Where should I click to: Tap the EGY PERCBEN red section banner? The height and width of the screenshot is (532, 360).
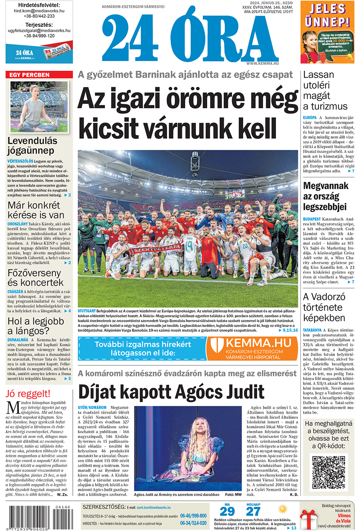(x=39, y=75)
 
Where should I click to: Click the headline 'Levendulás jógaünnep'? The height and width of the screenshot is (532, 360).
(x=32, y=145)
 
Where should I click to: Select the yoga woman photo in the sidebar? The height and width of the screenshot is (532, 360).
(x=39, y=107)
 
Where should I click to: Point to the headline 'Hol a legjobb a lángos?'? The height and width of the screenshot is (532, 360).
(x=36, y=326)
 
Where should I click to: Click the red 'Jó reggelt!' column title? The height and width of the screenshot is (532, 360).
(x=28, y=394)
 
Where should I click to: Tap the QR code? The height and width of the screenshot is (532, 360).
(x=328, y=472)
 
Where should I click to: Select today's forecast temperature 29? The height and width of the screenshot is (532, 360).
(x=227, y=512)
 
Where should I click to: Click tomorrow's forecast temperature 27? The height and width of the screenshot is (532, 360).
(x=253, y=512)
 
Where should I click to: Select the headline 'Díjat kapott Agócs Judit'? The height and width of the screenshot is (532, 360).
(x=171, y=392)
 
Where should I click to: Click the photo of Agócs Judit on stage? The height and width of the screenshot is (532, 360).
(x=188, y=448)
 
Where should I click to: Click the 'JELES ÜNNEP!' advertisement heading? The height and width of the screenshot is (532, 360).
(x=327, y=15)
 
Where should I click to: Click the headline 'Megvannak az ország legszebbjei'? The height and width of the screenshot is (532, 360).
(x=325, y=196)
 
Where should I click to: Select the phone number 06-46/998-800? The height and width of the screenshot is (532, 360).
(x=193, y=516)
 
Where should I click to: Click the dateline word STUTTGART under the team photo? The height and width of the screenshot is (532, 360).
(x=87, y=311)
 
